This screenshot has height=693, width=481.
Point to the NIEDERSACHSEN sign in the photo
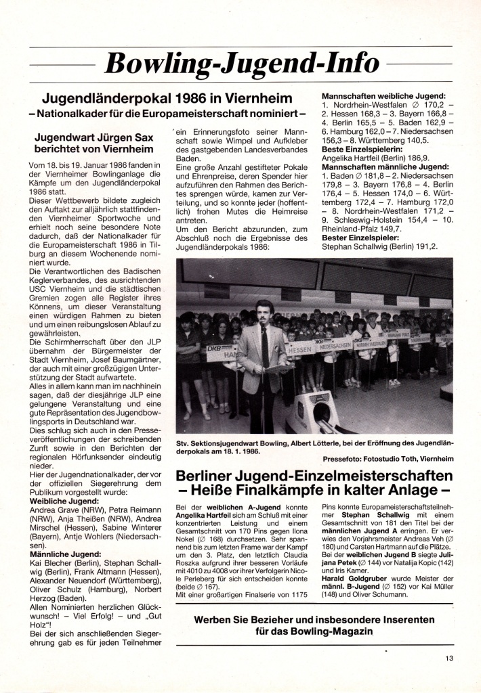coord(334,345)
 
